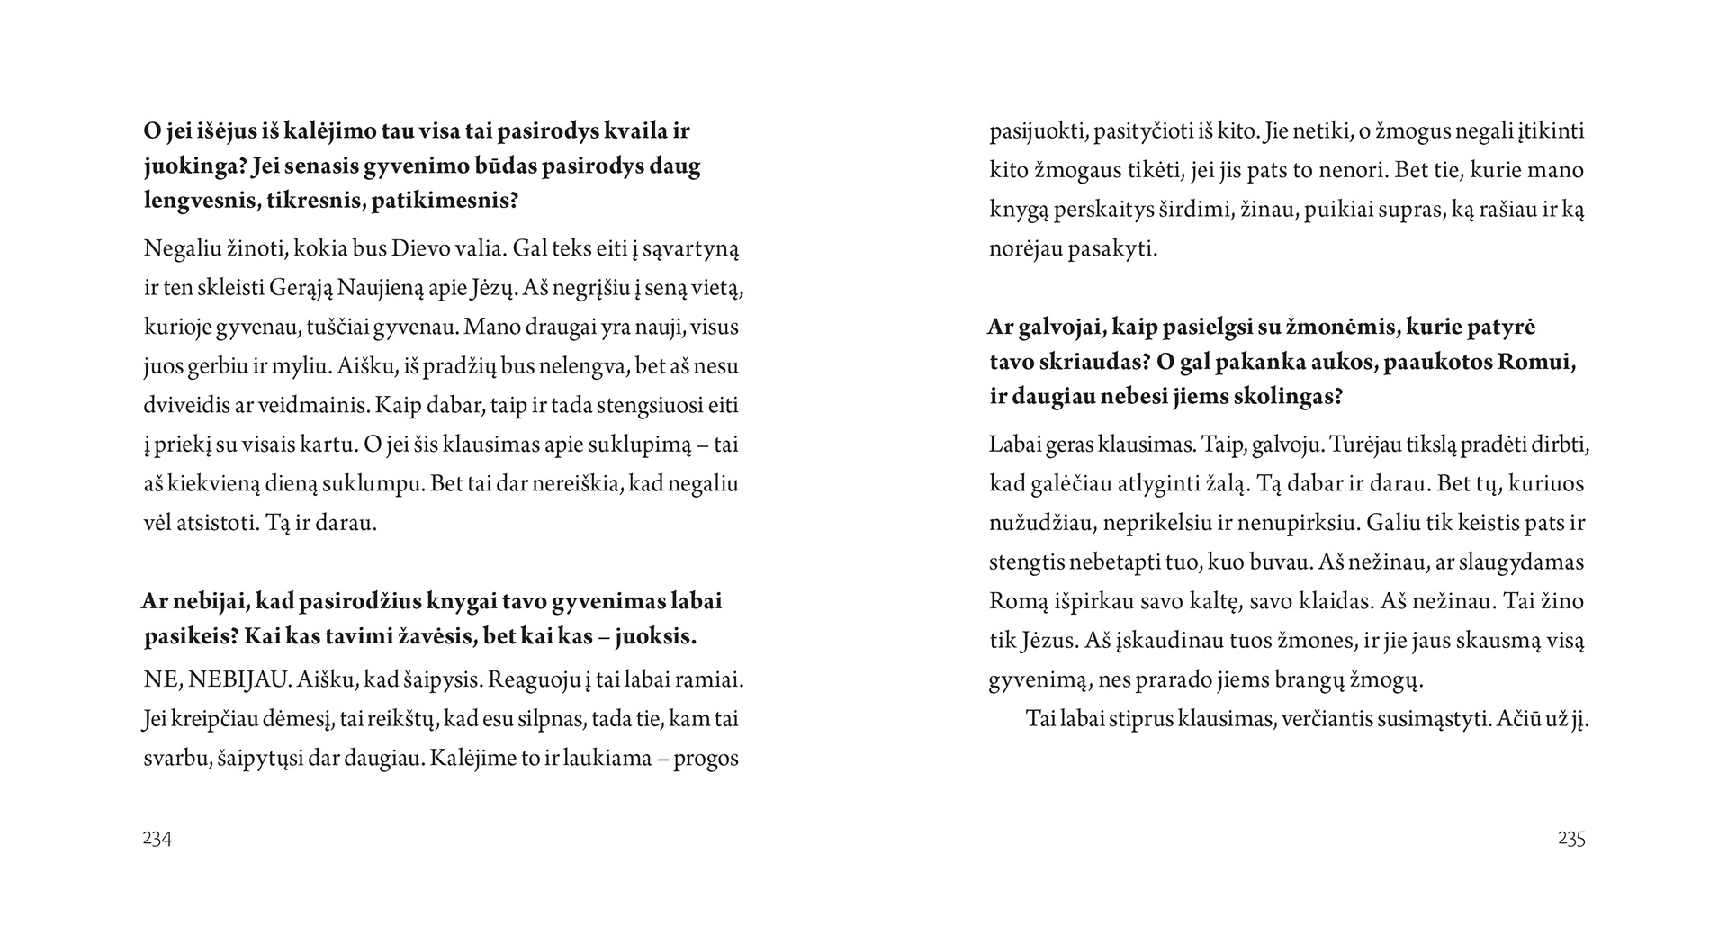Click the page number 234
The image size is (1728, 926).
click(x=157, y=839)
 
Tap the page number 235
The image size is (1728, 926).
click(x=1571, y=839)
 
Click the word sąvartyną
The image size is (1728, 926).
click(x=692, y=249)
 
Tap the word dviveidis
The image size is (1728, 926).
click(x=185, y=405)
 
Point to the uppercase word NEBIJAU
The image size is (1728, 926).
click(x=236, y=680)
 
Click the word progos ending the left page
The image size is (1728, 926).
click(x=706, y=758)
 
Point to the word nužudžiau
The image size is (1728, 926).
click(x=1038, y=523)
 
